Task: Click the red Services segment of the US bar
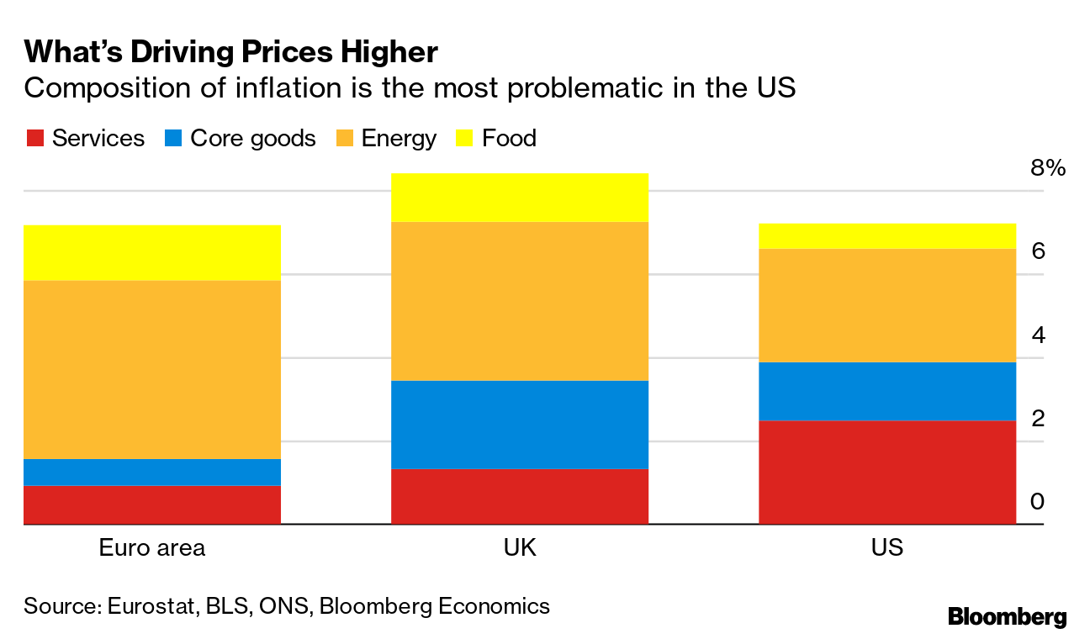coord(887,472)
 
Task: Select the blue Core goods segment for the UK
coord(520,424)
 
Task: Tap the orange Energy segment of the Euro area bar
coord(152,369)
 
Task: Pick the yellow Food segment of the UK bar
coord(520,197)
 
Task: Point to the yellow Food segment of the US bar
coord(887,235)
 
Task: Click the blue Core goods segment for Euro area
coord(152,472)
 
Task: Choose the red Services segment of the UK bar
coord(520,496)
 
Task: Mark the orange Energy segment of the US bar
coord(887,305)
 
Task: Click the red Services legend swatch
coord(34,139)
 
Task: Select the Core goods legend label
coord(253,139)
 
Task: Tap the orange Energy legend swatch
coord(344,139)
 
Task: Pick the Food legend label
coord(509,139)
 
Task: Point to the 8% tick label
coord(1047,168)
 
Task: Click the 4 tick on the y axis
coord(1037,335)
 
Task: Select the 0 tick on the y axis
coord(1037,502)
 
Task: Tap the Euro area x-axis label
coord(152,548)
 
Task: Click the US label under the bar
coord(887,548)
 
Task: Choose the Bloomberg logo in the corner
coord(1007,616)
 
